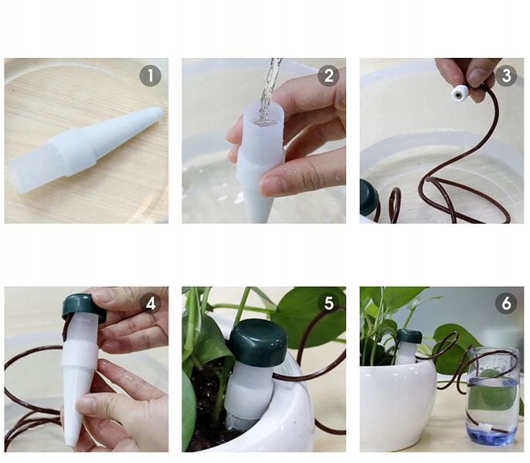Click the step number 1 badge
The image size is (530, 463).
tap(151, 76)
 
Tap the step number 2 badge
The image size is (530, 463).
tap(328, 76)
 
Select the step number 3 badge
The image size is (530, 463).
tap(506, 76)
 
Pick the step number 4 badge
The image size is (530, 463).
tap(151, 303)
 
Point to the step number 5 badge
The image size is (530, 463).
tap(328, 303)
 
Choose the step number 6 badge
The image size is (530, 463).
tap(506, 303)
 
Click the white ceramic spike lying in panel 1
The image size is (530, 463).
tap(84, 150)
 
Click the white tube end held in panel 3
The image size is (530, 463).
tap(459, 93)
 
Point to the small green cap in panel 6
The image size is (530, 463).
tap(409, 336)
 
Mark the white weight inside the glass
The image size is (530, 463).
tap(485, 428)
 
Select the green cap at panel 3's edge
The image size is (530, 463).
tap(369, 198)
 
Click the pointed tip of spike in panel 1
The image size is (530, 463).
tap(158, 111)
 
